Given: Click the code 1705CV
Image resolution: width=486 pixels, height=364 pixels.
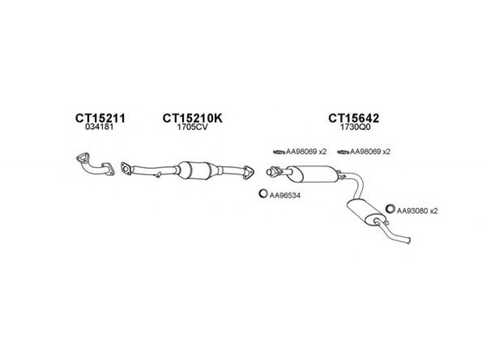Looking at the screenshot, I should click(192, 129).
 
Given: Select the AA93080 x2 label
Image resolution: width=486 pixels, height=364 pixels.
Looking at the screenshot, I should click(417, 211).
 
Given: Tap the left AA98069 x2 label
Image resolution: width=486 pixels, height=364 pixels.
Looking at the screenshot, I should click(306, 152).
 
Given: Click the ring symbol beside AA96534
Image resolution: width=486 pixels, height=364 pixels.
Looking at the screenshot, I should click(263, 194).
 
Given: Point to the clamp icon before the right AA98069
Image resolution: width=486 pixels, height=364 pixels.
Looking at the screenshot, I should click(343, 152).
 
